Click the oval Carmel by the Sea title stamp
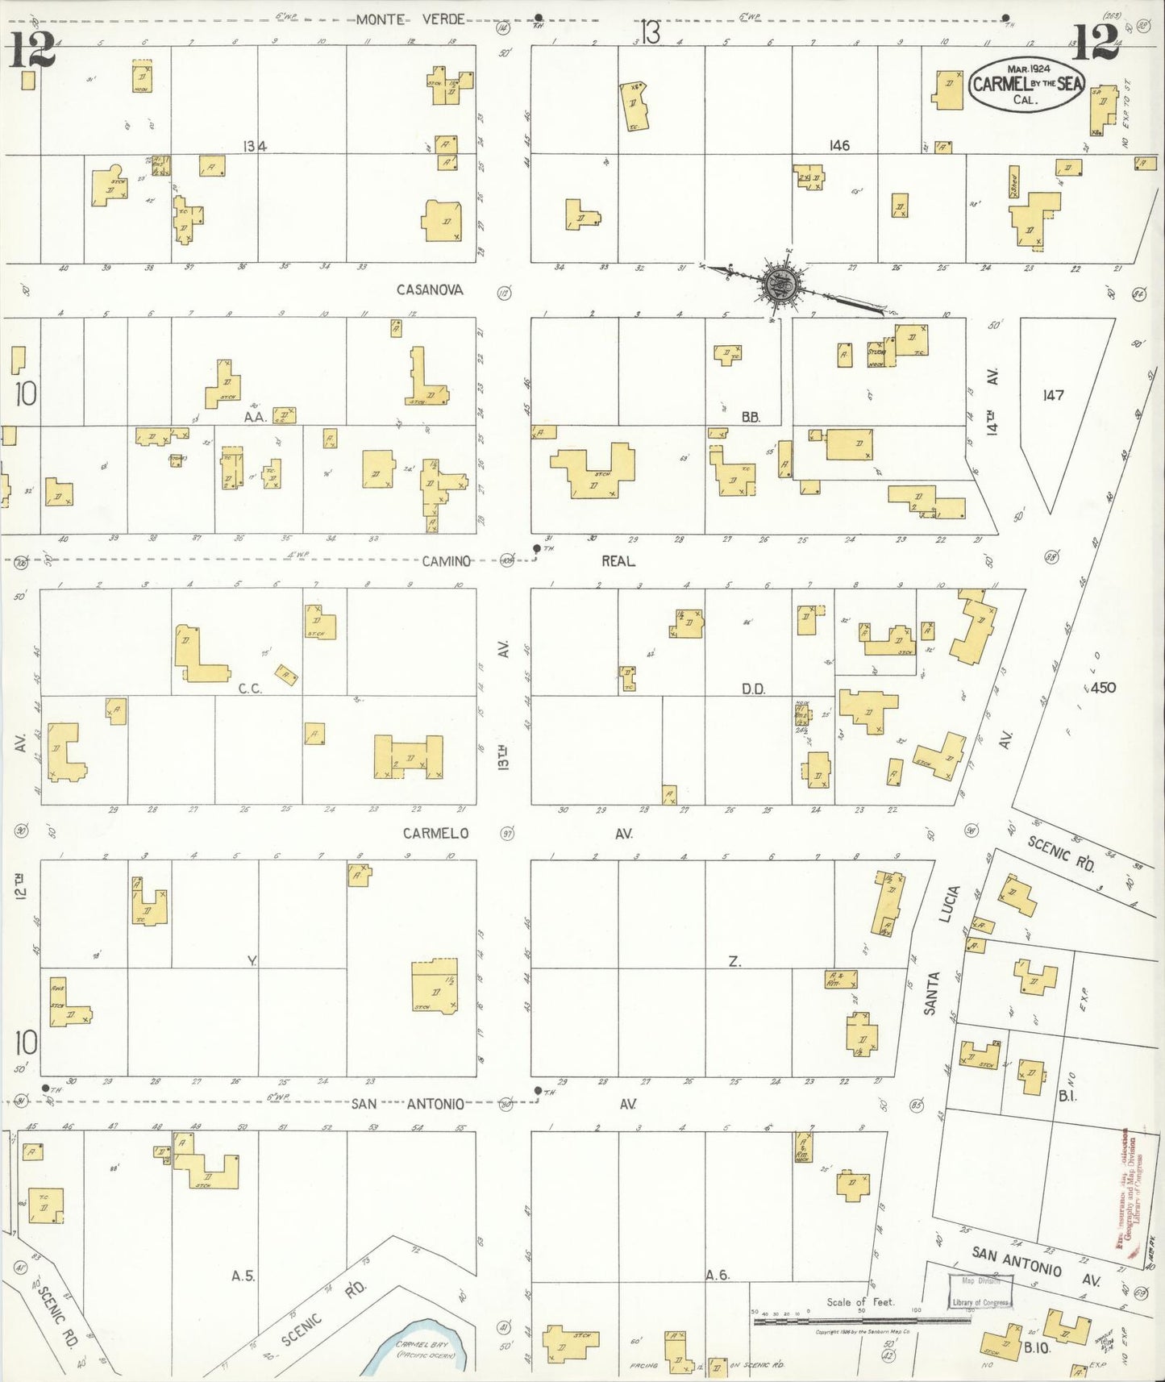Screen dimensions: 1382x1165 click(1027, 84)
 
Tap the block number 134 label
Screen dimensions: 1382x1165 click(256, 146)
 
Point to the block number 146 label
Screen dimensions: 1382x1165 click(839, 146)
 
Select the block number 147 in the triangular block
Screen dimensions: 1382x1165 click(1053, 395)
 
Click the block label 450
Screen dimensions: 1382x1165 click(1101, 687)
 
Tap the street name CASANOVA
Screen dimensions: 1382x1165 click(430, 289)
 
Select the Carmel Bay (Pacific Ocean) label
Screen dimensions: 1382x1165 click(425, 1350)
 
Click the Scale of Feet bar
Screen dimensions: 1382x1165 click(861, 1321)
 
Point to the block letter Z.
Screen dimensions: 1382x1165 click(734, 961)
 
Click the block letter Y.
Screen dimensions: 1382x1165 click(252, 960)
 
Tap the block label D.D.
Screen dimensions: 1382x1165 click(753, 689)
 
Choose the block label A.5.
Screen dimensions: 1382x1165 click(243, 1276)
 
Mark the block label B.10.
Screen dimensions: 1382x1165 click(1038, 1347)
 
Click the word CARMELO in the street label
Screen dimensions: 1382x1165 click(435, 833)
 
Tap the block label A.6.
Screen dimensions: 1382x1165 click(717, 1275)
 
